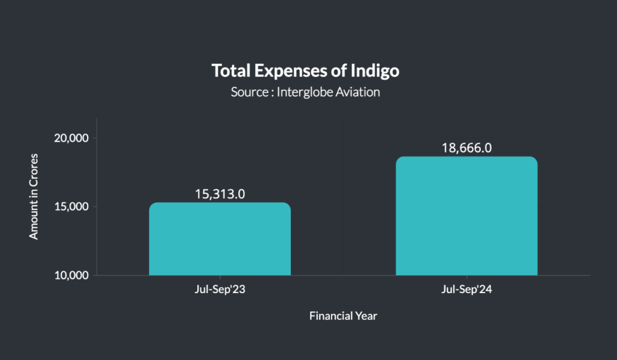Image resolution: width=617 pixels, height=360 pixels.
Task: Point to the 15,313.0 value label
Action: point(220,194)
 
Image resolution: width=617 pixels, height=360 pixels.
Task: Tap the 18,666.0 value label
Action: point(466,148)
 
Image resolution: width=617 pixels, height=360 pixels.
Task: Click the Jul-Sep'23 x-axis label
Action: point(220,290)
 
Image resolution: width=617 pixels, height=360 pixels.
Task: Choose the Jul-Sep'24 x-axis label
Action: point(466,290)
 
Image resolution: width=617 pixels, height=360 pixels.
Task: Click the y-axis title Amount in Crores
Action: point(34,197)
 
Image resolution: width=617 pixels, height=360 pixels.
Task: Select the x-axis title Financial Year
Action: point(343,315)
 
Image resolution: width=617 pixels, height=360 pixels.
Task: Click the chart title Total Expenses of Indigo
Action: point(305,71)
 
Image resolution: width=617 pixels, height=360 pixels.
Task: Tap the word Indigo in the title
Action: point(375,71)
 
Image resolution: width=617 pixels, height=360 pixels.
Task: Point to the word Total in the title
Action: point(230,71)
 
